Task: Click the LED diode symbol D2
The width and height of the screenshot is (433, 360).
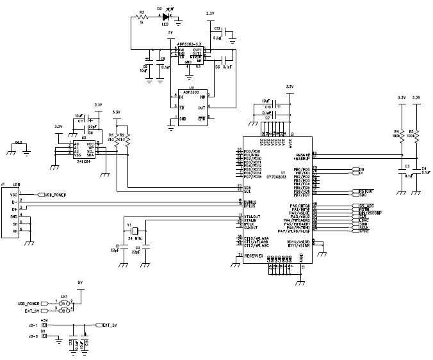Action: coord(168,16)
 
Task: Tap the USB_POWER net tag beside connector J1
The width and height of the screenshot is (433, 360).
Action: coord(53,194)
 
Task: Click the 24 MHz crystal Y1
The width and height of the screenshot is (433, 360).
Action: coord(136,233)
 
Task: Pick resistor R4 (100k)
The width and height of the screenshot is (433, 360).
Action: coord(402,135)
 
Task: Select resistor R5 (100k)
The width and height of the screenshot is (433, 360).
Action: coord(416,135)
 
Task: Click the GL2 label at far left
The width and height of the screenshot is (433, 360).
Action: coord(19,143)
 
